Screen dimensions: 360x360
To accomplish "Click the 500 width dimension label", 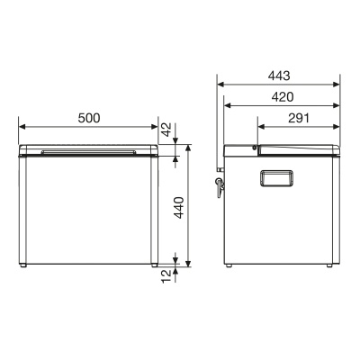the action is (x=89, y=118).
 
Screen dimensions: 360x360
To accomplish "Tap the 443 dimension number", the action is (x=279, y=76).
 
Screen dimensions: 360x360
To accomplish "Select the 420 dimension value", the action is (x=282, y=97).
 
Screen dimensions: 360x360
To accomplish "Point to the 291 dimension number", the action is (x=299, y=118).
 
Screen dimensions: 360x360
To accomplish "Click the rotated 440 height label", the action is (x=179, y=208).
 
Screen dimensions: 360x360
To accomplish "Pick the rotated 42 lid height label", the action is (x=166, y=130).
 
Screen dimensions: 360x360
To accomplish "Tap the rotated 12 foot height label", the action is (x=166, y=276).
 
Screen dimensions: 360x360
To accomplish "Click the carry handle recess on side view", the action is (x=276, y=178).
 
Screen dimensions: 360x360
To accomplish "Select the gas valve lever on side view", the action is (x=220, y=187).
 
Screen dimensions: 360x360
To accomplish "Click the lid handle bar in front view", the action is (x=88, y=152).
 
